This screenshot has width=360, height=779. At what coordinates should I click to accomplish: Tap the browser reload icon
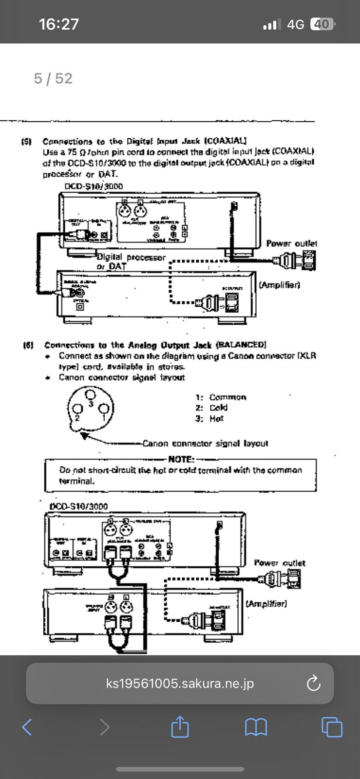pos(313,683)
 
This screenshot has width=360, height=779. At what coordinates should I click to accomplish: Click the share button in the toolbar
pos(180,727)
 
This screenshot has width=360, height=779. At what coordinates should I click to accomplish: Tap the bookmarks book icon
pos(256,727)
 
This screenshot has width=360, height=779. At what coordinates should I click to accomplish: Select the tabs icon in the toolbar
pos(332,727)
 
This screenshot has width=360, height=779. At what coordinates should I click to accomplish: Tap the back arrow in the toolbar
pos(27,727)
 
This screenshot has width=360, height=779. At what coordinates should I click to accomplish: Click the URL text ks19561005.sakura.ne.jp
pos(180,684)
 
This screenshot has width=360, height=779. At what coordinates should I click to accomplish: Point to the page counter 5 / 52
pos(53,78)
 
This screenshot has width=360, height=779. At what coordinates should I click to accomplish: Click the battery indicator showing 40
pos(322,24)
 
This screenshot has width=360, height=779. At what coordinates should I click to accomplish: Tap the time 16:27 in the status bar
pos(59,24)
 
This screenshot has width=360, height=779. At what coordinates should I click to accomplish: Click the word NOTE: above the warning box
pos(181,459)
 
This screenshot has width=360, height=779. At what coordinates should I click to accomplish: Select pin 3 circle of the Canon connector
pos(89,395)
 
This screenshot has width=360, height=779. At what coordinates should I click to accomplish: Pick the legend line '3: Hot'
pos(209,419)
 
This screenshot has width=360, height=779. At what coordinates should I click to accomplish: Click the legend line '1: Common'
pos(221,397)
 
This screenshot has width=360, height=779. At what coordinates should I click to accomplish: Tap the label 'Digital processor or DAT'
pos(131,261)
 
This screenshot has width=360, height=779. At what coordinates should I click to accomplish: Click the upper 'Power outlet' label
pos(291,243)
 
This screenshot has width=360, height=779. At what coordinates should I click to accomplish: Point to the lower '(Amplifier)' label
pos(266,604)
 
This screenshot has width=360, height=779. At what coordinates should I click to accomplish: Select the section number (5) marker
pos(27,142)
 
